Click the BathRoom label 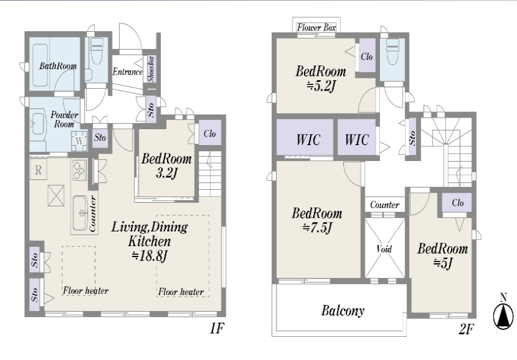coord(58,66)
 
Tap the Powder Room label coord(64,119)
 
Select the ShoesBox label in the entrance coord(151,69)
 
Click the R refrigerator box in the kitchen coord(39,170)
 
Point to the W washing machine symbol coord(79,141)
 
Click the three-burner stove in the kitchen coord(79,170)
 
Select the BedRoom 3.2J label coord(166,166)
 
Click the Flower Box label coord(316,28)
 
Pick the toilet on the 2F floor coord(392,51)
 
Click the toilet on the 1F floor coord(97,51)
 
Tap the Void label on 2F coord(384,249)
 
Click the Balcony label coord(343,310)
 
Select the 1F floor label coord(217,328)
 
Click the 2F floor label coord(466,329)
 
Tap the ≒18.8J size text coord(150,256)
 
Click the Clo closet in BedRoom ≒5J coord(457,202)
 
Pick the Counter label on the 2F coord(385,205)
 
